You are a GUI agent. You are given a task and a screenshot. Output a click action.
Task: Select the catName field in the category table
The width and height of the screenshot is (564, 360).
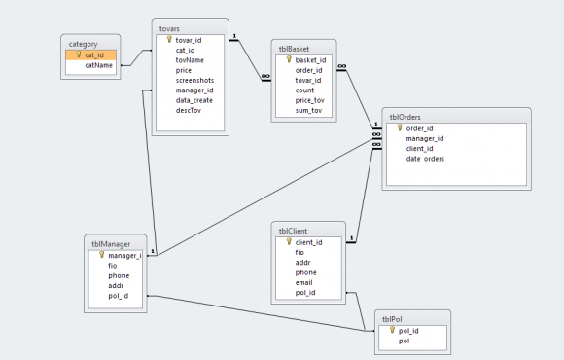(x=98, y=65)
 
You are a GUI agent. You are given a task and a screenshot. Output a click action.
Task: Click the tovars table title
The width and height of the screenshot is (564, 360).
(x=169, y=28)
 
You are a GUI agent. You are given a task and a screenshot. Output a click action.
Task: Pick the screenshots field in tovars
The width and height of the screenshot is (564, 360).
(x=194, y=81)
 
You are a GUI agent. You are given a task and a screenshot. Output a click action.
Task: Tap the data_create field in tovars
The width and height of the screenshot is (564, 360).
(x=194, y=100)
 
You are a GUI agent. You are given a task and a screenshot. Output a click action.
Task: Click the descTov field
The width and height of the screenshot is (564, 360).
(x=188, y=111)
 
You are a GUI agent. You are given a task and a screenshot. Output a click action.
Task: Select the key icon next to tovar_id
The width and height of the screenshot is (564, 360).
(x=169, y=40)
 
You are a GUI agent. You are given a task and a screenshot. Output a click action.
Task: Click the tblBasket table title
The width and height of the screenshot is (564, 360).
(x=294, y=49)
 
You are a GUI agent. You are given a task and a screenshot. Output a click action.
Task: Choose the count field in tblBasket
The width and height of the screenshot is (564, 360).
(x=304, y=90)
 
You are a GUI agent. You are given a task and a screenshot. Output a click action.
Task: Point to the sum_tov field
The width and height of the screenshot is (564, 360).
(x=308, y=111)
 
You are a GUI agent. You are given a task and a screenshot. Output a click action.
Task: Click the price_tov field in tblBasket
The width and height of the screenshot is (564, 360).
(x=309, y=100)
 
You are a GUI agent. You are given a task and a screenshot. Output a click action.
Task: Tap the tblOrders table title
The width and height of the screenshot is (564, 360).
(x=405, y=117)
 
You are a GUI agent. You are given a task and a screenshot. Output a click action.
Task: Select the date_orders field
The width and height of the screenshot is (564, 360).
(x=425, y=159)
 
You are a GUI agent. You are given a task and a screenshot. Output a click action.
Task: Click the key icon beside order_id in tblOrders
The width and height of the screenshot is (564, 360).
(x=400, y=127)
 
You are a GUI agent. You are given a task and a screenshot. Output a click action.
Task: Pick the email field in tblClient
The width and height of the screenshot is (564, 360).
(x=303, y=282)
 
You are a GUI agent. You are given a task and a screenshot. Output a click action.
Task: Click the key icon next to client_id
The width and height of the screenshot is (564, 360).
(x=289, y=242)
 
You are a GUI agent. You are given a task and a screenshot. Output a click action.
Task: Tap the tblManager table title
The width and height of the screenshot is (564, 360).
(x=111, y=244)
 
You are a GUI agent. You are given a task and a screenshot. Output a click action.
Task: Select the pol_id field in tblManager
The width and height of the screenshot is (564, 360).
(x=118, y=296)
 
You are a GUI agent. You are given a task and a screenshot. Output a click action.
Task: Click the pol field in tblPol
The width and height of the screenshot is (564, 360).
(x=404, y=341)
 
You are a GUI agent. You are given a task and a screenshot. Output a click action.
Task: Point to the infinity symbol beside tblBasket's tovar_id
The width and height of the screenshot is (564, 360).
(x=265, y=76)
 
